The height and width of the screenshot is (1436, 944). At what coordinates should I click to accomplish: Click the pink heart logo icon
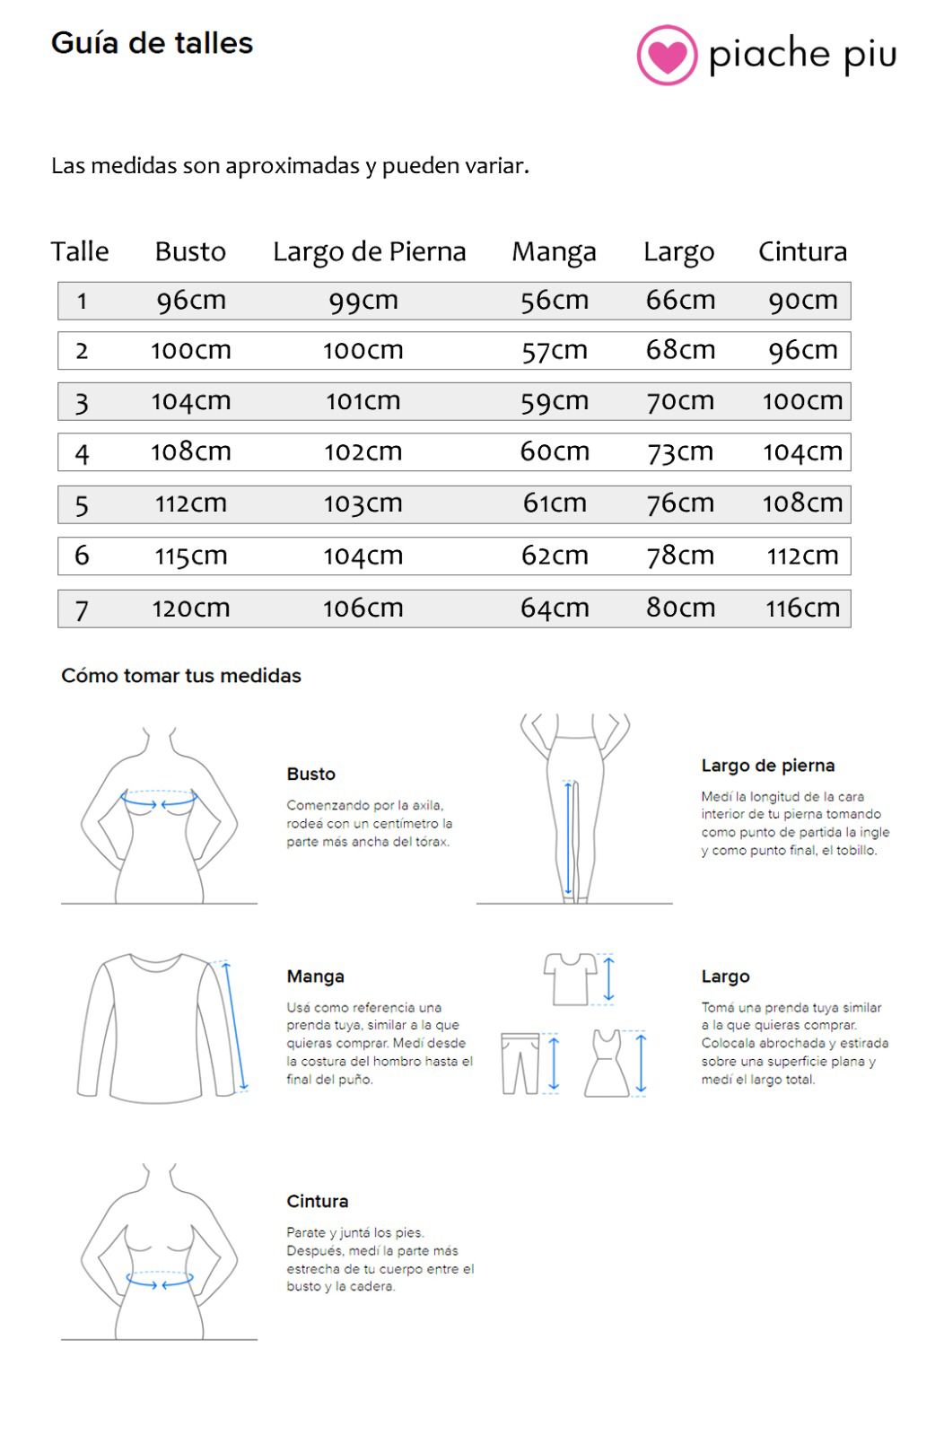coord(667,56)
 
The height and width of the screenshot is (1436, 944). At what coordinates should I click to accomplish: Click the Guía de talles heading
coord(152,43)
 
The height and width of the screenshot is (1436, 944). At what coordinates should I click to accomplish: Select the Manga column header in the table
coord(554,252)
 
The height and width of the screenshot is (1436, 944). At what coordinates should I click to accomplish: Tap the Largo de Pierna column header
coord(369,252)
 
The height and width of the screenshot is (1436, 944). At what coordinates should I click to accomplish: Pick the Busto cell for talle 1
coord(191,301)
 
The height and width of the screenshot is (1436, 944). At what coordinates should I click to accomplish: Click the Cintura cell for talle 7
coord(802,609)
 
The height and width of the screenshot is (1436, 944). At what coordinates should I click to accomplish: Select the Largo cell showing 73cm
coord(680,452)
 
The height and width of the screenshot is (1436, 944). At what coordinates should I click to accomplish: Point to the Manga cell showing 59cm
coord(555,401)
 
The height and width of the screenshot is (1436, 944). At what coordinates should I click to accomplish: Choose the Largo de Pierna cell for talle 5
coord(363,503)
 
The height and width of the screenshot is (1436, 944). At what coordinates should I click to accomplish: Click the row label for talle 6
coord(82,556)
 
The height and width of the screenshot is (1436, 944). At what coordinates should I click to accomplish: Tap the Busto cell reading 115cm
coord(191,556)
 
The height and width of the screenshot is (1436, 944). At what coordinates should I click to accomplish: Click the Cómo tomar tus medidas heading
coord(181,676)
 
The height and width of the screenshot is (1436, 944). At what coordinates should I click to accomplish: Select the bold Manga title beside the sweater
coord(315,976)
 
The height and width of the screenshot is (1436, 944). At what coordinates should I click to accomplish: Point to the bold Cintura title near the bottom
coord(317,1202)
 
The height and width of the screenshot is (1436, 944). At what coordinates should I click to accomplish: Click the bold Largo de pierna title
coord(767,766)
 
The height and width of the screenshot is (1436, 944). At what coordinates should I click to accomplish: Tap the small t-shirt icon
coord(571,978)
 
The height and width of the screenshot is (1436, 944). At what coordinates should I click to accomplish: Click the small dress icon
coord(607,1064)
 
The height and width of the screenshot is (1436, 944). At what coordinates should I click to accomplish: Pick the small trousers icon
coord(520,1064)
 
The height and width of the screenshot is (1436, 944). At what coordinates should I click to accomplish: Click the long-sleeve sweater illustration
coord(157,1028)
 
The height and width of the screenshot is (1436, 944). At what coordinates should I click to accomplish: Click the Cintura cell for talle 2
coord(802,351)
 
